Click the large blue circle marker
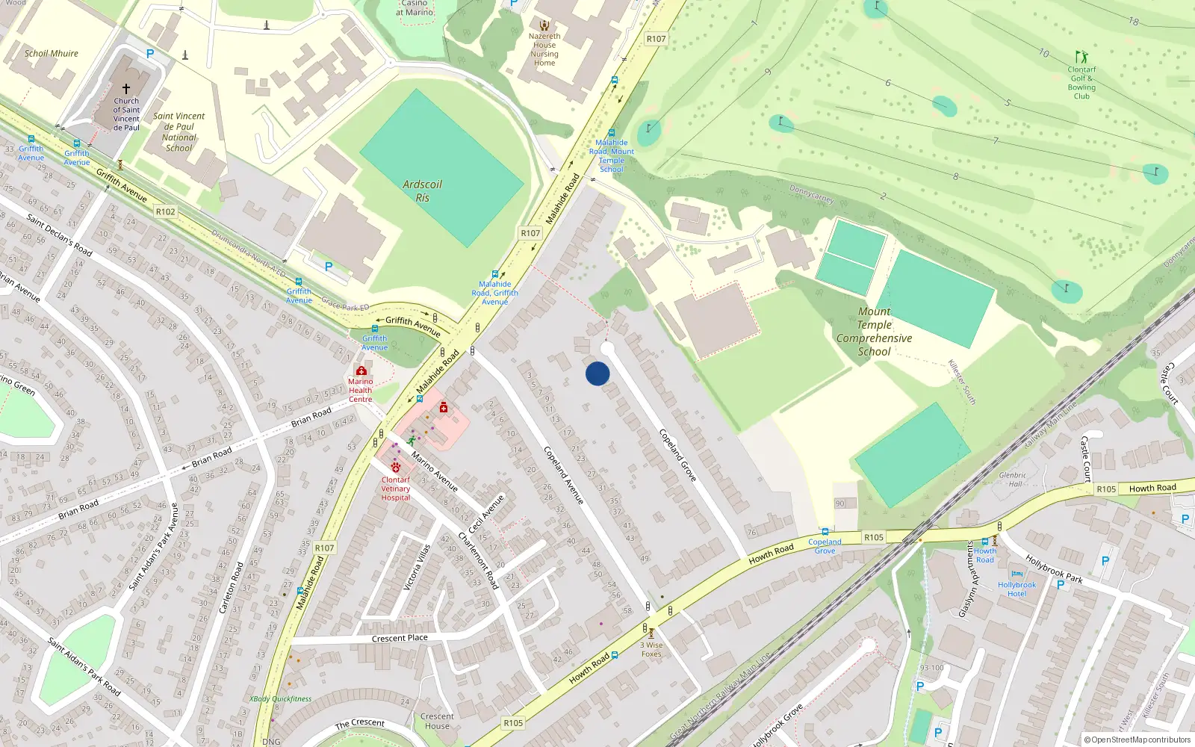[597, 373]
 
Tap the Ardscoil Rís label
[422, 190]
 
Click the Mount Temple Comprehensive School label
[874, 332]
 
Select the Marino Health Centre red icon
[361, 371]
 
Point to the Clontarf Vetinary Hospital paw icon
[396, 467]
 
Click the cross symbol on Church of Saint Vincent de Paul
[126, 88]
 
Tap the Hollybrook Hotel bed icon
[1016, 574]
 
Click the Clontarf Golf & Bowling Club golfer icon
[1081, 57]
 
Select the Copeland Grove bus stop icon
[825, 532]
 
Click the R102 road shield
[166, 212]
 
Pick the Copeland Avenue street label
[563, 475]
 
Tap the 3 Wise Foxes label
[651, 649]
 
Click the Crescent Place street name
[400, 638]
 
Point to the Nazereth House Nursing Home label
[544, 49]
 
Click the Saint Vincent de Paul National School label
[179, 131]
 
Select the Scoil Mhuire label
[51, 54]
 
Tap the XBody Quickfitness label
[281, 699]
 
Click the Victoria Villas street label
[417, 568]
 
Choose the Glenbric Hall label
[1013, 480]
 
